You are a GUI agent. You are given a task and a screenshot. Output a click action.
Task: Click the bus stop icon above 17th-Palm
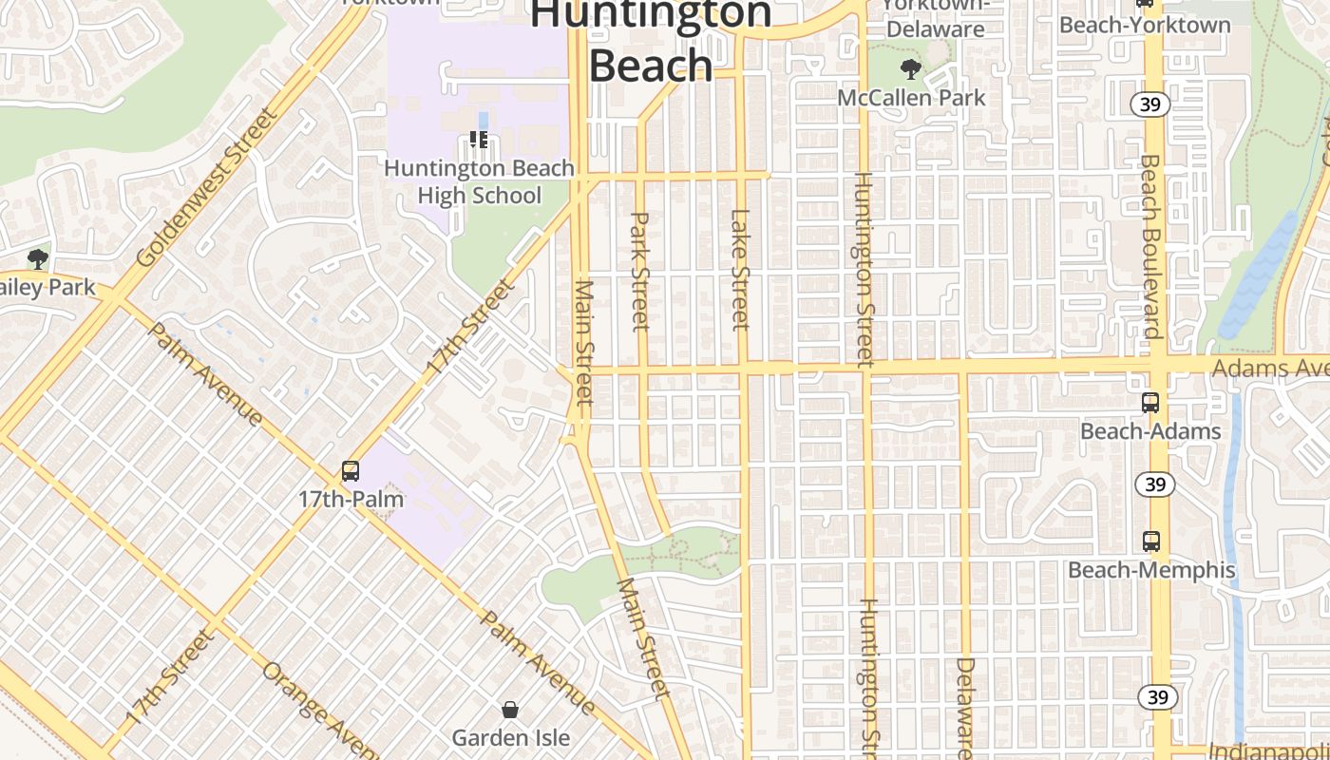[x=351, y=470]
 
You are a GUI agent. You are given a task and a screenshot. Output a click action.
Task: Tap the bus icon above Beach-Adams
[x=1150, y=403]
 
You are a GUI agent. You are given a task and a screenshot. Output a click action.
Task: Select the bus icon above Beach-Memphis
[x=1151, y=541]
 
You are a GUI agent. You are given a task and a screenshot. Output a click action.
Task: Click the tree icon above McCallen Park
[x=911, y=68]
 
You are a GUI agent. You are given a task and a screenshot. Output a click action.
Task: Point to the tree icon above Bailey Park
[x=38, y=258]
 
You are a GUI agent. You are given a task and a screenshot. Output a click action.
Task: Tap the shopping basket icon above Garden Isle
[x=510, y=710]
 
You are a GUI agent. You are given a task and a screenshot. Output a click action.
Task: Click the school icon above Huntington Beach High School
[x=479, y=141]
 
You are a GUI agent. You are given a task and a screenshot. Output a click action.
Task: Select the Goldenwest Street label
[x=206, y=187]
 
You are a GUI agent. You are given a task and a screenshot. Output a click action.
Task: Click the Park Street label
[x=639, y=271]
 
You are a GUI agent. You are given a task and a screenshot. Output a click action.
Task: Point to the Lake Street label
[x=740, y=269]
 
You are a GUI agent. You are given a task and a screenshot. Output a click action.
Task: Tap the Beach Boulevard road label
[x=1150, y=247]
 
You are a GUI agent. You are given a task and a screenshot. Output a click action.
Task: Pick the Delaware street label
[x=965, y=708]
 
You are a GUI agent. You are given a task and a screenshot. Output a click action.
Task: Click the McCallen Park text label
[x=911, y=97]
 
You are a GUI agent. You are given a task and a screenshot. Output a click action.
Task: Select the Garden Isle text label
[x=510, y=737]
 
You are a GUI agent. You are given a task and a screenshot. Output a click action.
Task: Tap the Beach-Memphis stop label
[x=1151, y=570]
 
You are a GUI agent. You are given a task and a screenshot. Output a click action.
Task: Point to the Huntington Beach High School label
[x=479, y=181]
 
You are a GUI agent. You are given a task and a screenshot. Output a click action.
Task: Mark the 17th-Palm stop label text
[x=351, y=499]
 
